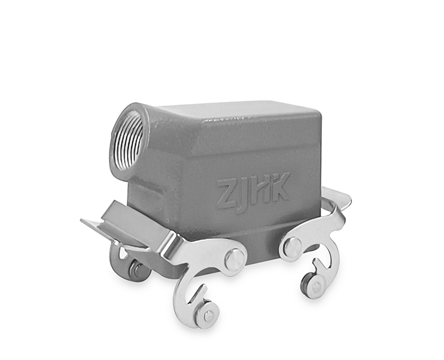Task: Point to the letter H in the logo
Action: tap(258, 188)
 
